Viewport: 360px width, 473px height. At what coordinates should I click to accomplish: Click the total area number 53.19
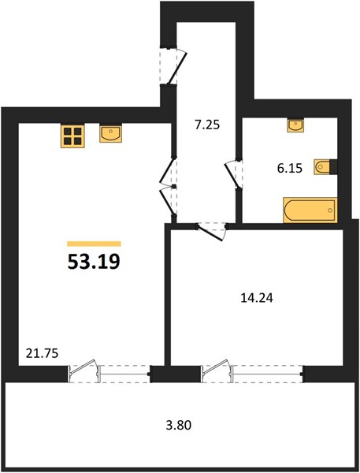94,261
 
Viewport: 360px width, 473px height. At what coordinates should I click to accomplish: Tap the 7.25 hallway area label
207,125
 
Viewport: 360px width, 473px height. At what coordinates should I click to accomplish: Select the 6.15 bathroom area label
290,169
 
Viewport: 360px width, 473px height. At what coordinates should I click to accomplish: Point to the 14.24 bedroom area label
257,298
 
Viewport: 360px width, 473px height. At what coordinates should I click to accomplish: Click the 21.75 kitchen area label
42,353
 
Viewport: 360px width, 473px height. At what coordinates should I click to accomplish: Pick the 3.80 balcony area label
179,426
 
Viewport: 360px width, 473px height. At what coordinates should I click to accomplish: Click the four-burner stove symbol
72,136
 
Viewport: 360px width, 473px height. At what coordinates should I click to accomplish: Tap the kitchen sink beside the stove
110,134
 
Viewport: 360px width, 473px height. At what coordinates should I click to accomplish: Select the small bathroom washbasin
296,125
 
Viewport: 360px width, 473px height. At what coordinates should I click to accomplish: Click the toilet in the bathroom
325,167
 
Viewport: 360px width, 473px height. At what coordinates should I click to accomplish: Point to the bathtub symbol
310,210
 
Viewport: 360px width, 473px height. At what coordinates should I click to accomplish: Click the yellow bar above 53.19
94,244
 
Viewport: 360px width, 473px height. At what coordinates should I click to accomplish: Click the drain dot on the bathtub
330,210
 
